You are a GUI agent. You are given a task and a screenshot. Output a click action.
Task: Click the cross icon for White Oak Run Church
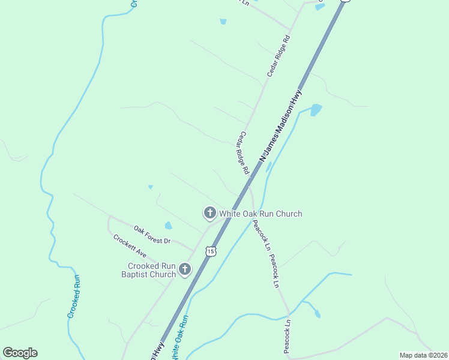point(209,212)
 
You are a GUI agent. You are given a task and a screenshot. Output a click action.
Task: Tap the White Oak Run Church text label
point(260,214)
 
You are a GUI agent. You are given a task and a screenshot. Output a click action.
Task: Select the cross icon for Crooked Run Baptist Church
point(185,270)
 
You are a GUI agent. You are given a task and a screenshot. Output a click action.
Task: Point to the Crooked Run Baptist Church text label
point(151,270)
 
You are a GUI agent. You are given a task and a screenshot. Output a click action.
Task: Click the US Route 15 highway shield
point(210,251)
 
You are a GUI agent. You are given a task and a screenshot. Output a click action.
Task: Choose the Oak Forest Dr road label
point(152,234)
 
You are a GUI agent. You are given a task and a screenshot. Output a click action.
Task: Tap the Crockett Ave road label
point(130,245)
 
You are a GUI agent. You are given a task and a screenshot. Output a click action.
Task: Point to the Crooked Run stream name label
point(74,296)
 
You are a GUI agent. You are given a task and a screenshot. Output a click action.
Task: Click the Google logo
point(20,353)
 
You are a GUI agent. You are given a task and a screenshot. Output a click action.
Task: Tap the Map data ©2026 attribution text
point(423,355)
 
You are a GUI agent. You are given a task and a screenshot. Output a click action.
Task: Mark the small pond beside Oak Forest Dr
point(169,226)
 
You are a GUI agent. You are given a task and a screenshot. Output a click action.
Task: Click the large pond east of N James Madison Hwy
point(316,110)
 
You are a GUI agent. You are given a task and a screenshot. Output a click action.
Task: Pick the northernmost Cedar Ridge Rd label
point(279,55)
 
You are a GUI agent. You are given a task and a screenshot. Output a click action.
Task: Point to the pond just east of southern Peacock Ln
point(317,314)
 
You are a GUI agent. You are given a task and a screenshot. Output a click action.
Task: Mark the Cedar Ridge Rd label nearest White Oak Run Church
point(242,153)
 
